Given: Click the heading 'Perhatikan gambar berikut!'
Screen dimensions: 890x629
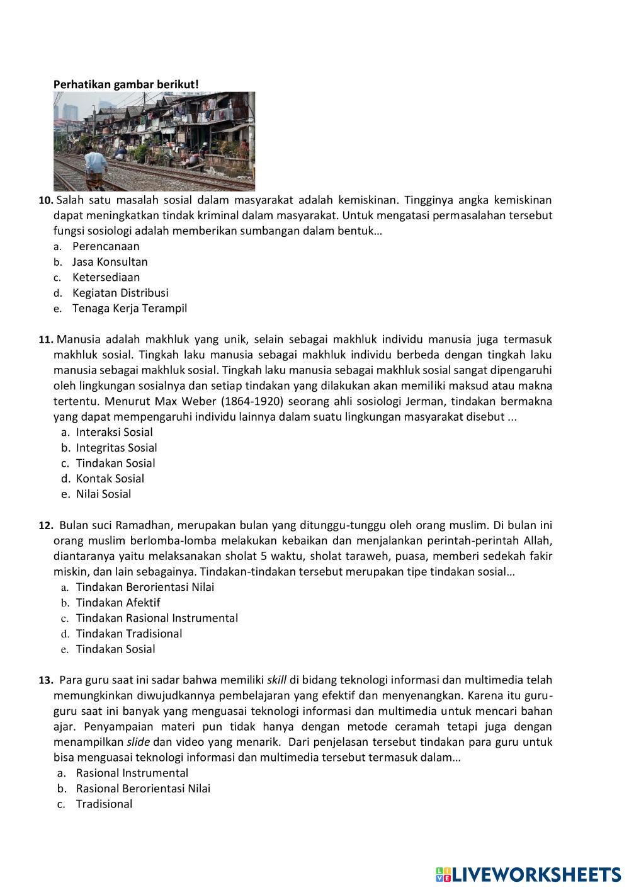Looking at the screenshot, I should pos(126,84).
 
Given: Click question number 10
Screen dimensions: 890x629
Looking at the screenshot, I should pos(46,200).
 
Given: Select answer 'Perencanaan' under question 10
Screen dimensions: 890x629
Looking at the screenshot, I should pos(106,246).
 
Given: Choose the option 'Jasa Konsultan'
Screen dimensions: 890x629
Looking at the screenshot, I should pos(110,261).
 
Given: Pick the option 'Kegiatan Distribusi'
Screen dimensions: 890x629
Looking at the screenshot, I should pos(120,292).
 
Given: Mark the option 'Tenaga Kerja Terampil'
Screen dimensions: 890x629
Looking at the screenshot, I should pos(129,308).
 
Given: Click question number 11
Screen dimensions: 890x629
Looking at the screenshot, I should pos(46,339).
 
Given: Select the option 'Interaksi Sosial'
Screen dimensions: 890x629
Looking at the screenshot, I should pos(114,432).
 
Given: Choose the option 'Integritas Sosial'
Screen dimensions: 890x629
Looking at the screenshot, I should pos(116,448).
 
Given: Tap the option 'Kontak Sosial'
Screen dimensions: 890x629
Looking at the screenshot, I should pos(110,479).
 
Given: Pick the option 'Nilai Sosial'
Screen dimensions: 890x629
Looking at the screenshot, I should pos(103,494).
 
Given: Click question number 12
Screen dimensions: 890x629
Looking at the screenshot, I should pos(46,525).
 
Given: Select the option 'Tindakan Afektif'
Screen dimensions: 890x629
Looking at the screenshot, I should pos(118,602).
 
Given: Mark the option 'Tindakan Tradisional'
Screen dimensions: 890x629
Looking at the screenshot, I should pos(129,634).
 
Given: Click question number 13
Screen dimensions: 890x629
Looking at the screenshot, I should pos(46,680).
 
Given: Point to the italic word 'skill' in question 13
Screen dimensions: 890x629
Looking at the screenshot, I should pos(276,680).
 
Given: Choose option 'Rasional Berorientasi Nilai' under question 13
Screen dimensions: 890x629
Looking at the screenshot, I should pos(143,788).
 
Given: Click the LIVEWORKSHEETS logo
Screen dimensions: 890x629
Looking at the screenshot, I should pos(528,874).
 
